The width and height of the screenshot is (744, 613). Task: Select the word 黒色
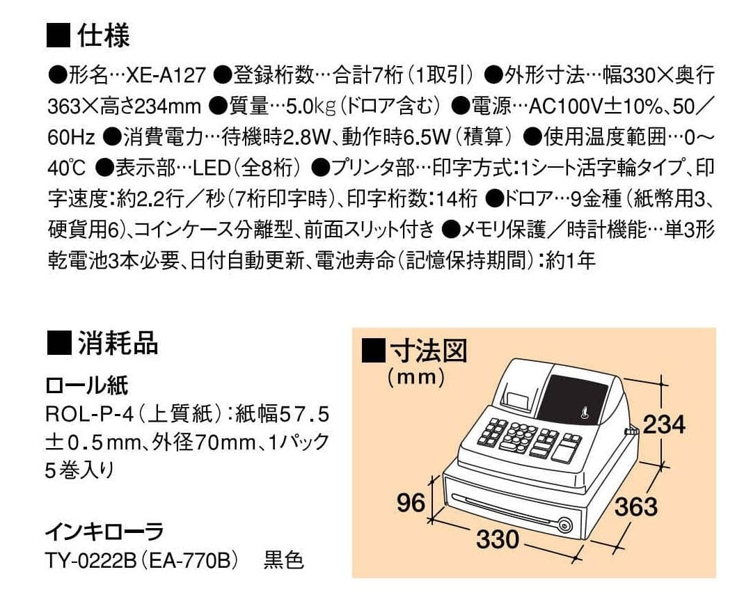coord(284,561)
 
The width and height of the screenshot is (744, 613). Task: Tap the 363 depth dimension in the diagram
coord(635,507)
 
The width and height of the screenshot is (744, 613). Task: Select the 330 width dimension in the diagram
coord(498,538)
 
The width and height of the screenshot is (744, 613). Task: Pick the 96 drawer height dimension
coord(411,502)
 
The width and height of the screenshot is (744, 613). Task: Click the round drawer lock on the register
coord(565,526)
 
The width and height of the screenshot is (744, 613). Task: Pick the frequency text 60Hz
coord(72,138)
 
